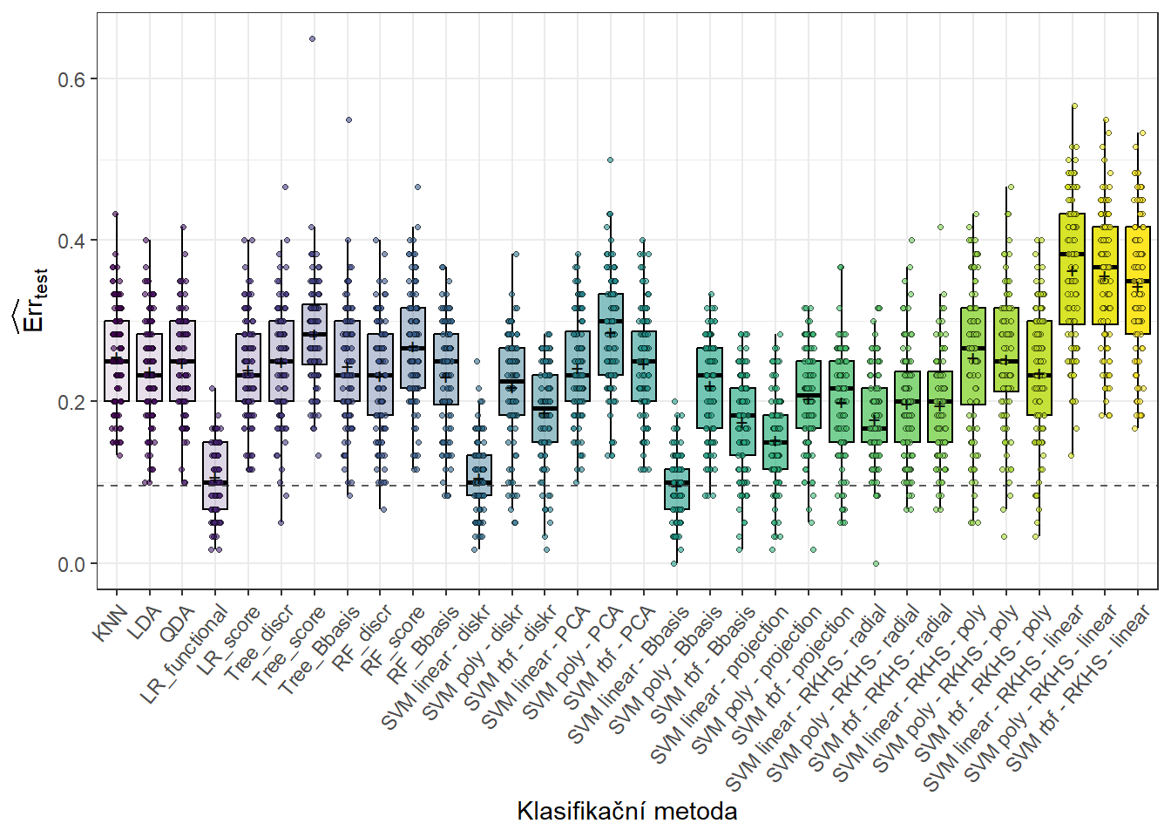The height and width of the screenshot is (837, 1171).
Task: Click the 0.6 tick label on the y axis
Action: click(71, 79)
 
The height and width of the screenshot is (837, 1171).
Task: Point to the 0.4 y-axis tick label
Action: click(71, 241)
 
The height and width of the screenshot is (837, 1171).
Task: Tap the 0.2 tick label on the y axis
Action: click(71, 402)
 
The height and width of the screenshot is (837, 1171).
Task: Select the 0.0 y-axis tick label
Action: click(71, 564)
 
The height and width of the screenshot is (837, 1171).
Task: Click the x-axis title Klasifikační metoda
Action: click(626, 811)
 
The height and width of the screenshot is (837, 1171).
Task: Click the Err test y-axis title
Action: click(31, 302)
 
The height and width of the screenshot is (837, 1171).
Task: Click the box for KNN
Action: click(117, 361)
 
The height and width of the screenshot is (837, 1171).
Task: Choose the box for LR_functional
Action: click(215, 475)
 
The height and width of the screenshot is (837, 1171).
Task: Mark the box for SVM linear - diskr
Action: click(479, 475)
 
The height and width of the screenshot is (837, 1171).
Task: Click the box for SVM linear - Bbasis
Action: click(677, 489)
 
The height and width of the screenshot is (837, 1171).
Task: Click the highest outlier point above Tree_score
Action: click(313, 39)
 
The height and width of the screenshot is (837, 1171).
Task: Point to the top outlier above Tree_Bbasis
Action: click(349, 119)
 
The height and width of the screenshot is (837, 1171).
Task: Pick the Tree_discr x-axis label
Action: click(260, 643)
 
